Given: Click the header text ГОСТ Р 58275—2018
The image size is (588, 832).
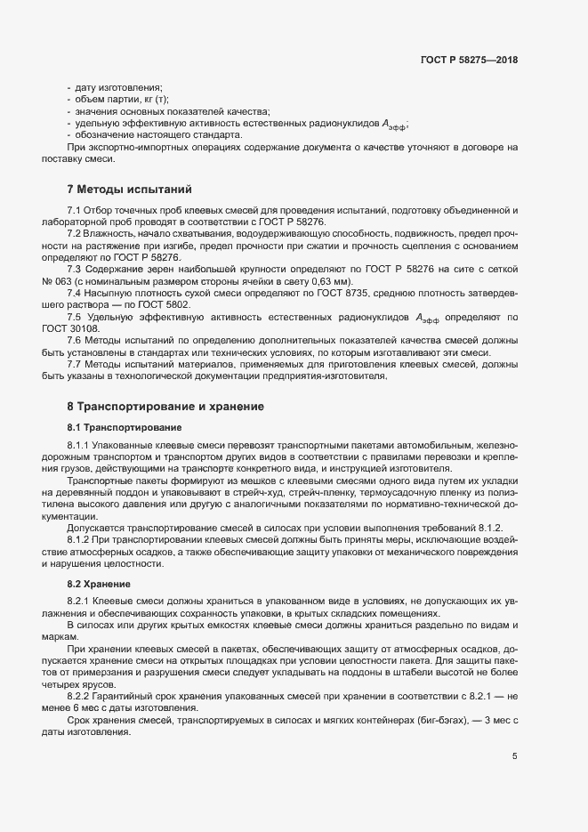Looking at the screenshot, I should tap(469, 61).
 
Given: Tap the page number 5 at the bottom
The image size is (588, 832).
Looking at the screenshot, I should tap(514, 756).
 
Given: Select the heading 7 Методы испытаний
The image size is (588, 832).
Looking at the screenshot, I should tap(124, 190).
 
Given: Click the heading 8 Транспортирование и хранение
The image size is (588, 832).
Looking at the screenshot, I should tap(165, 407).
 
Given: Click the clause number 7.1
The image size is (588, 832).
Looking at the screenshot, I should tap(75, 210).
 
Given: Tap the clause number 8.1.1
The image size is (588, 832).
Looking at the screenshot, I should tap(80, 444).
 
